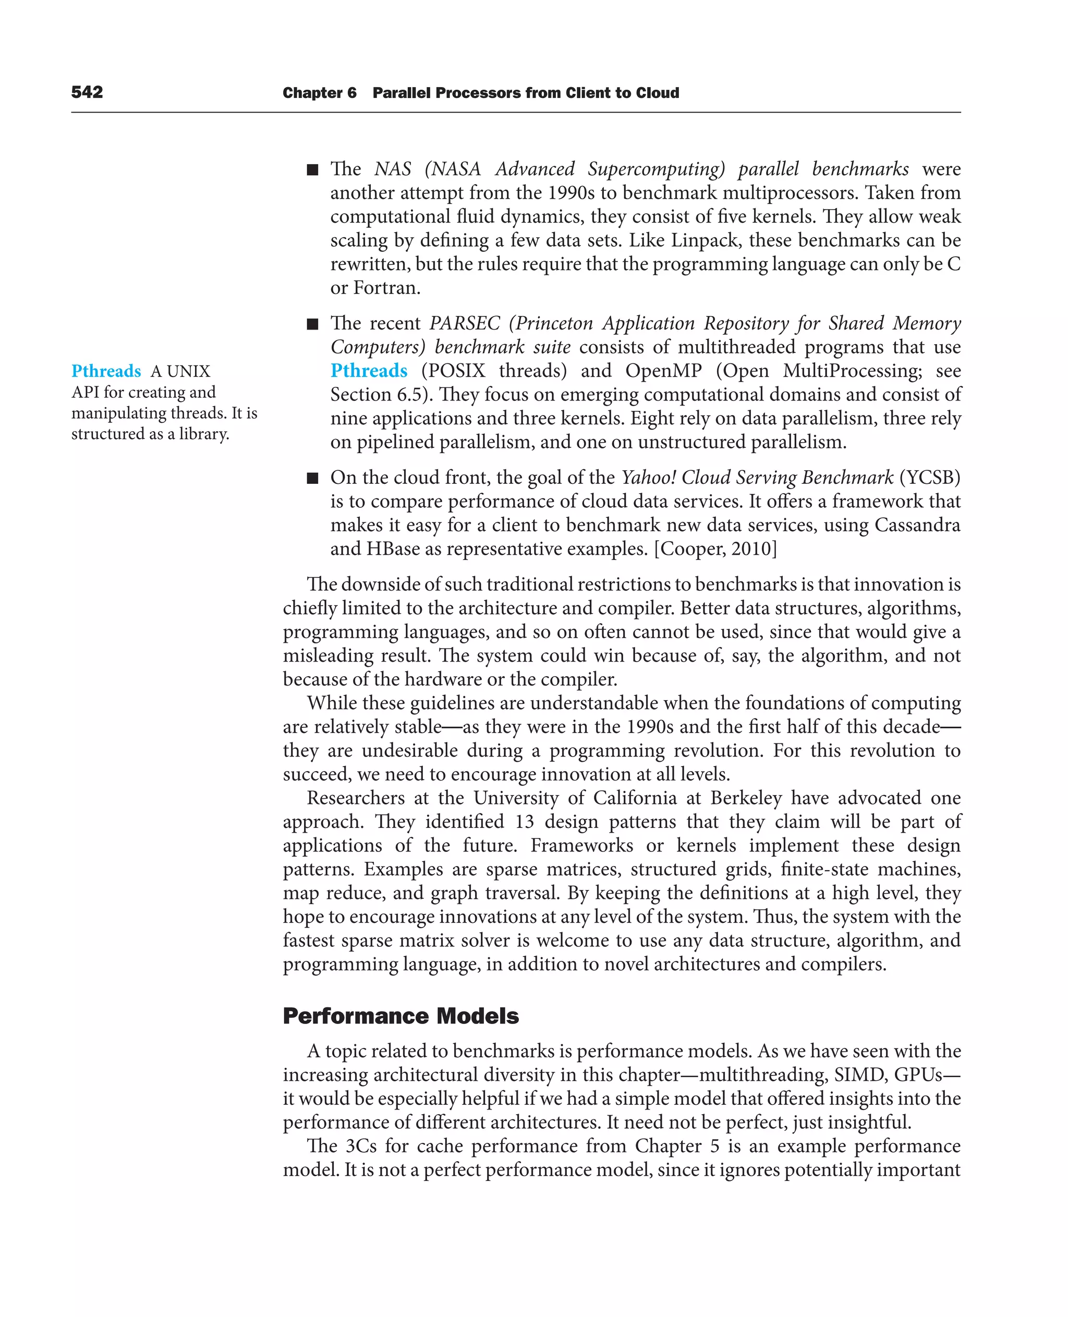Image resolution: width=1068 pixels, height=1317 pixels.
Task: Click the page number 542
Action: [x=87, y=92]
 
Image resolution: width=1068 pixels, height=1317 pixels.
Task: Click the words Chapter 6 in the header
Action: [x=319, y=93]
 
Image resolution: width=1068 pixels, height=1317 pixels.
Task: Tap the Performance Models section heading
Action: [x=400, y=1016]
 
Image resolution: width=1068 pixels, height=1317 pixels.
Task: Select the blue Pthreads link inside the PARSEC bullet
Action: [x=369, y=370]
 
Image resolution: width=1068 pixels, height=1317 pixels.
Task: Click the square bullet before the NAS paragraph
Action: [x=312, y=170]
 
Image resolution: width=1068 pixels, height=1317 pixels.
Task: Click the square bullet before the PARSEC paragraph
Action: [x=312, y=324]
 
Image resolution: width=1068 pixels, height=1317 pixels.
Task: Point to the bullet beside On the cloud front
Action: [x=312, y=478]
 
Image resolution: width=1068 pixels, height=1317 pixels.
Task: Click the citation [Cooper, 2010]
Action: [x=715, y=548]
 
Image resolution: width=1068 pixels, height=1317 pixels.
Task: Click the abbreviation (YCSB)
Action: [x=930, y=478]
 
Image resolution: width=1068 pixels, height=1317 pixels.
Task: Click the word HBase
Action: [x=393, y=548]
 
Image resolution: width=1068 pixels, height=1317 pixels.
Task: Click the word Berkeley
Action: [x=746, y=798]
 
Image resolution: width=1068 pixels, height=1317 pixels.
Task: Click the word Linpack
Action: [x=706, y=240]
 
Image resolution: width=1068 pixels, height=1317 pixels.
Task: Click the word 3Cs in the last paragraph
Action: [x=361, y=1146]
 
